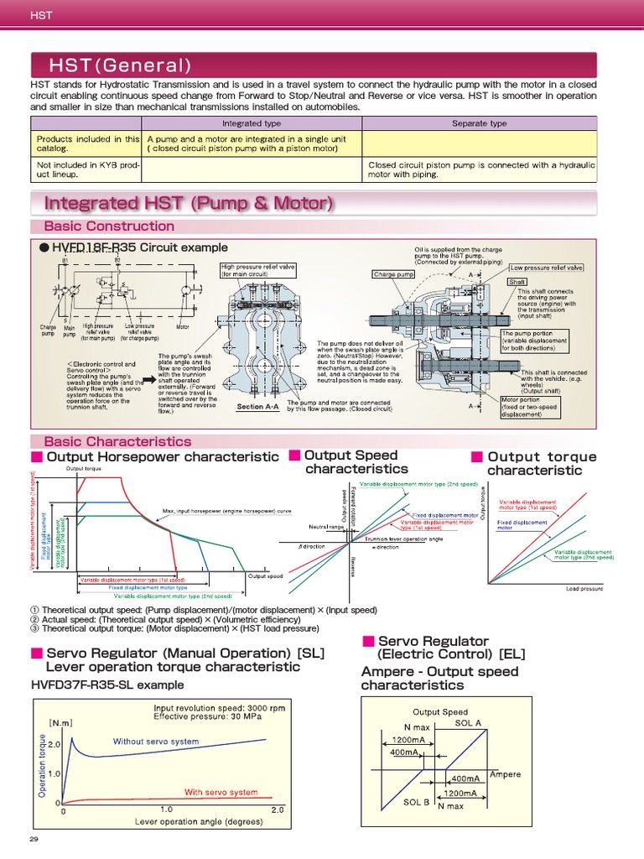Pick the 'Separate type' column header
[479, 123]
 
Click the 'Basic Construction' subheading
[109, 226]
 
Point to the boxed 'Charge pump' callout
[393, 273]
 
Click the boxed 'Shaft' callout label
[517, 282]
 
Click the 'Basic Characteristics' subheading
[117, 441]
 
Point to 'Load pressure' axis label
[584, 589]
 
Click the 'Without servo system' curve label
[156, 742]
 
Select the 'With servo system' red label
[221, 792]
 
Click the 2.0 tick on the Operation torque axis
[55, 744]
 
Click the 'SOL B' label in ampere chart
[416, 802]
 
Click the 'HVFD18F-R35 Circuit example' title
[139, 247]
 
